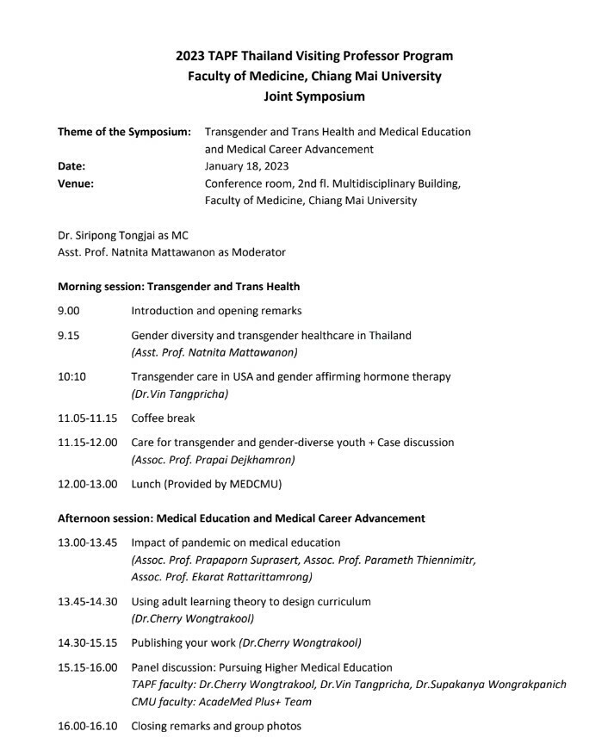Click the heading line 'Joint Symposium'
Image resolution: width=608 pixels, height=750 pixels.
click(x=313, y=96)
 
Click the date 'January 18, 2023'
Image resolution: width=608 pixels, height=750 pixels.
click(x=246, y=166)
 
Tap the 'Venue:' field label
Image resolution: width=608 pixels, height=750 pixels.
click(x=76, y=183)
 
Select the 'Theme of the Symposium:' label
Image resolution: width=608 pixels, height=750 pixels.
click(x=124, y=132)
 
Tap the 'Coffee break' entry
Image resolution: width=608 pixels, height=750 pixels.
click(x=163, y=418)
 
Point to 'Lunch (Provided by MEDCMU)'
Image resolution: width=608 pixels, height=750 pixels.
click(x=206, y=483)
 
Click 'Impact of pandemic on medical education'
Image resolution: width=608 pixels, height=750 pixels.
click(x=235, y=542)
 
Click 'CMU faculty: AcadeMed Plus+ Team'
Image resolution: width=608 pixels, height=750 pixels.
click(x=221, y=702)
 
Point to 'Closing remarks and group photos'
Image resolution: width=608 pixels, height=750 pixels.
click(x=216, y=726)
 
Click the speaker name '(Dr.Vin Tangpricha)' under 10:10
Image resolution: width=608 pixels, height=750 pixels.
click(x=180, y=394)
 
